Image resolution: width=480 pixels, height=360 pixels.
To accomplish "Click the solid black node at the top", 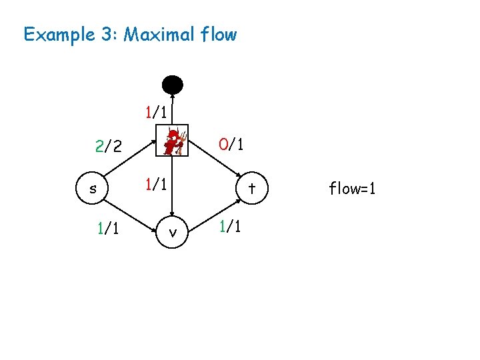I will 173,85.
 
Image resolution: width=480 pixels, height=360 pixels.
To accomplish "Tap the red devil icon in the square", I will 173,141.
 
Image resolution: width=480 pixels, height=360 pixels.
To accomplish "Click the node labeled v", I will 173,233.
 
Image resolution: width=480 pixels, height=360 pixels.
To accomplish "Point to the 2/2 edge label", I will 108,147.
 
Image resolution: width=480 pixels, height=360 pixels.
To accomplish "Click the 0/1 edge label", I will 231,144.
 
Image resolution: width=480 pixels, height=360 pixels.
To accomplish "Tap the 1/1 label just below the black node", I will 157,111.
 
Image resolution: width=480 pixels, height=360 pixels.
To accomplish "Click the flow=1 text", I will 352,189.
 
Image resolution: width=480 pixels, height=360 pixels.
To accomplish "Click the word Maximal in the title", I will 159,34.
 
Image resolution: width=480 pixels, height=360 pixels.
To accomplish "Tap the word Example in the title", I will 59,35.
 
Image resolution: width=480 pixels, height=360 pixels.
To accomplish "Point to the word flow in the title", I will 218,34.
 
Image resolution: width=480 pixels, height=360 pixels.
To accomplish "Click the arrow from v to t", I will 212,212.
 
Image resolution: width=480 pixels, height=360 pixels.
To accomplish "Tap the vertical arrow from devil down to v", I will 173,193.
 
